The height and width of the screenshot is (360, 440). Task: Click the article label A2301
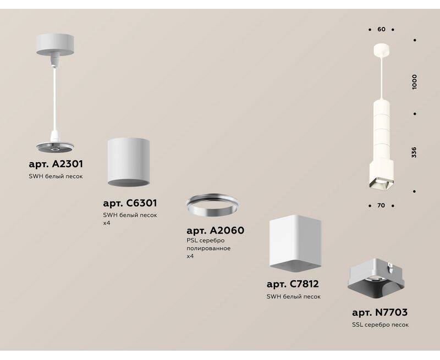tap(56, 164)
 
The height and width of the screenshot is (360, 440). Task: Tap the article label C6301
tap(130, 203)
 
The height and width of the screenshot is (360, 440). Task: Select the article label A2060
tap(215, 230)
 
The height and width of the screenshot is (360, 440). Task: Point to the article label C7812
tap(293, 284)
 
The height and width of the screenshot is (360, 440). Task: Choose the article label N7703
tap(380, 312)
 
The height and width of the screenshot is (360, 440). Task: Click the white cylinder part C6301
tap(128, 162)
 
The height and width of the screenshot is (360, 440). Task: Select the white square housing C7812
tap(295, 243)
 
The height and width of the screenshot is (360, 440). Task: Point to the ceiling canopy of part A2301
tap(55, 45)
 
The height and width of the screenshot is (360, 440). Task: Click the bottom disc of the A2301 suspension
tap(55, 147)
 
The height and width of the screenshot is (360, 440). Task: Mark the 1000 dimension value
tap(414, 82)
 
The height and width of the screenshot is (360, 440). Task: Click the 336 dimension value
tap(414, 152)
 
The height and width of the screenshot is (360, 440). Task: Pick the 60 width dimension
tap(381, 29)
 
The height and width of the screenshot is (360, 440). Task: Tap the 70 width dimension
tap(381, 206)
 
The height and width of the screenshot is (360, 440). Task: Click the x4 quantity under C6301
tap(106, 224)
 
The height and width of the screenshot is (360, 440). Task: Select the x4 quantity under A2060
tap(190, 256)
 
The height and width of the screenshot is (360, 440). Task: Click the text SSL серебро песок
tap(380, 325)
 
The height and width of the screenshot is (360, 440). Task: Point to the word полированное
tap(208, 248)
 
